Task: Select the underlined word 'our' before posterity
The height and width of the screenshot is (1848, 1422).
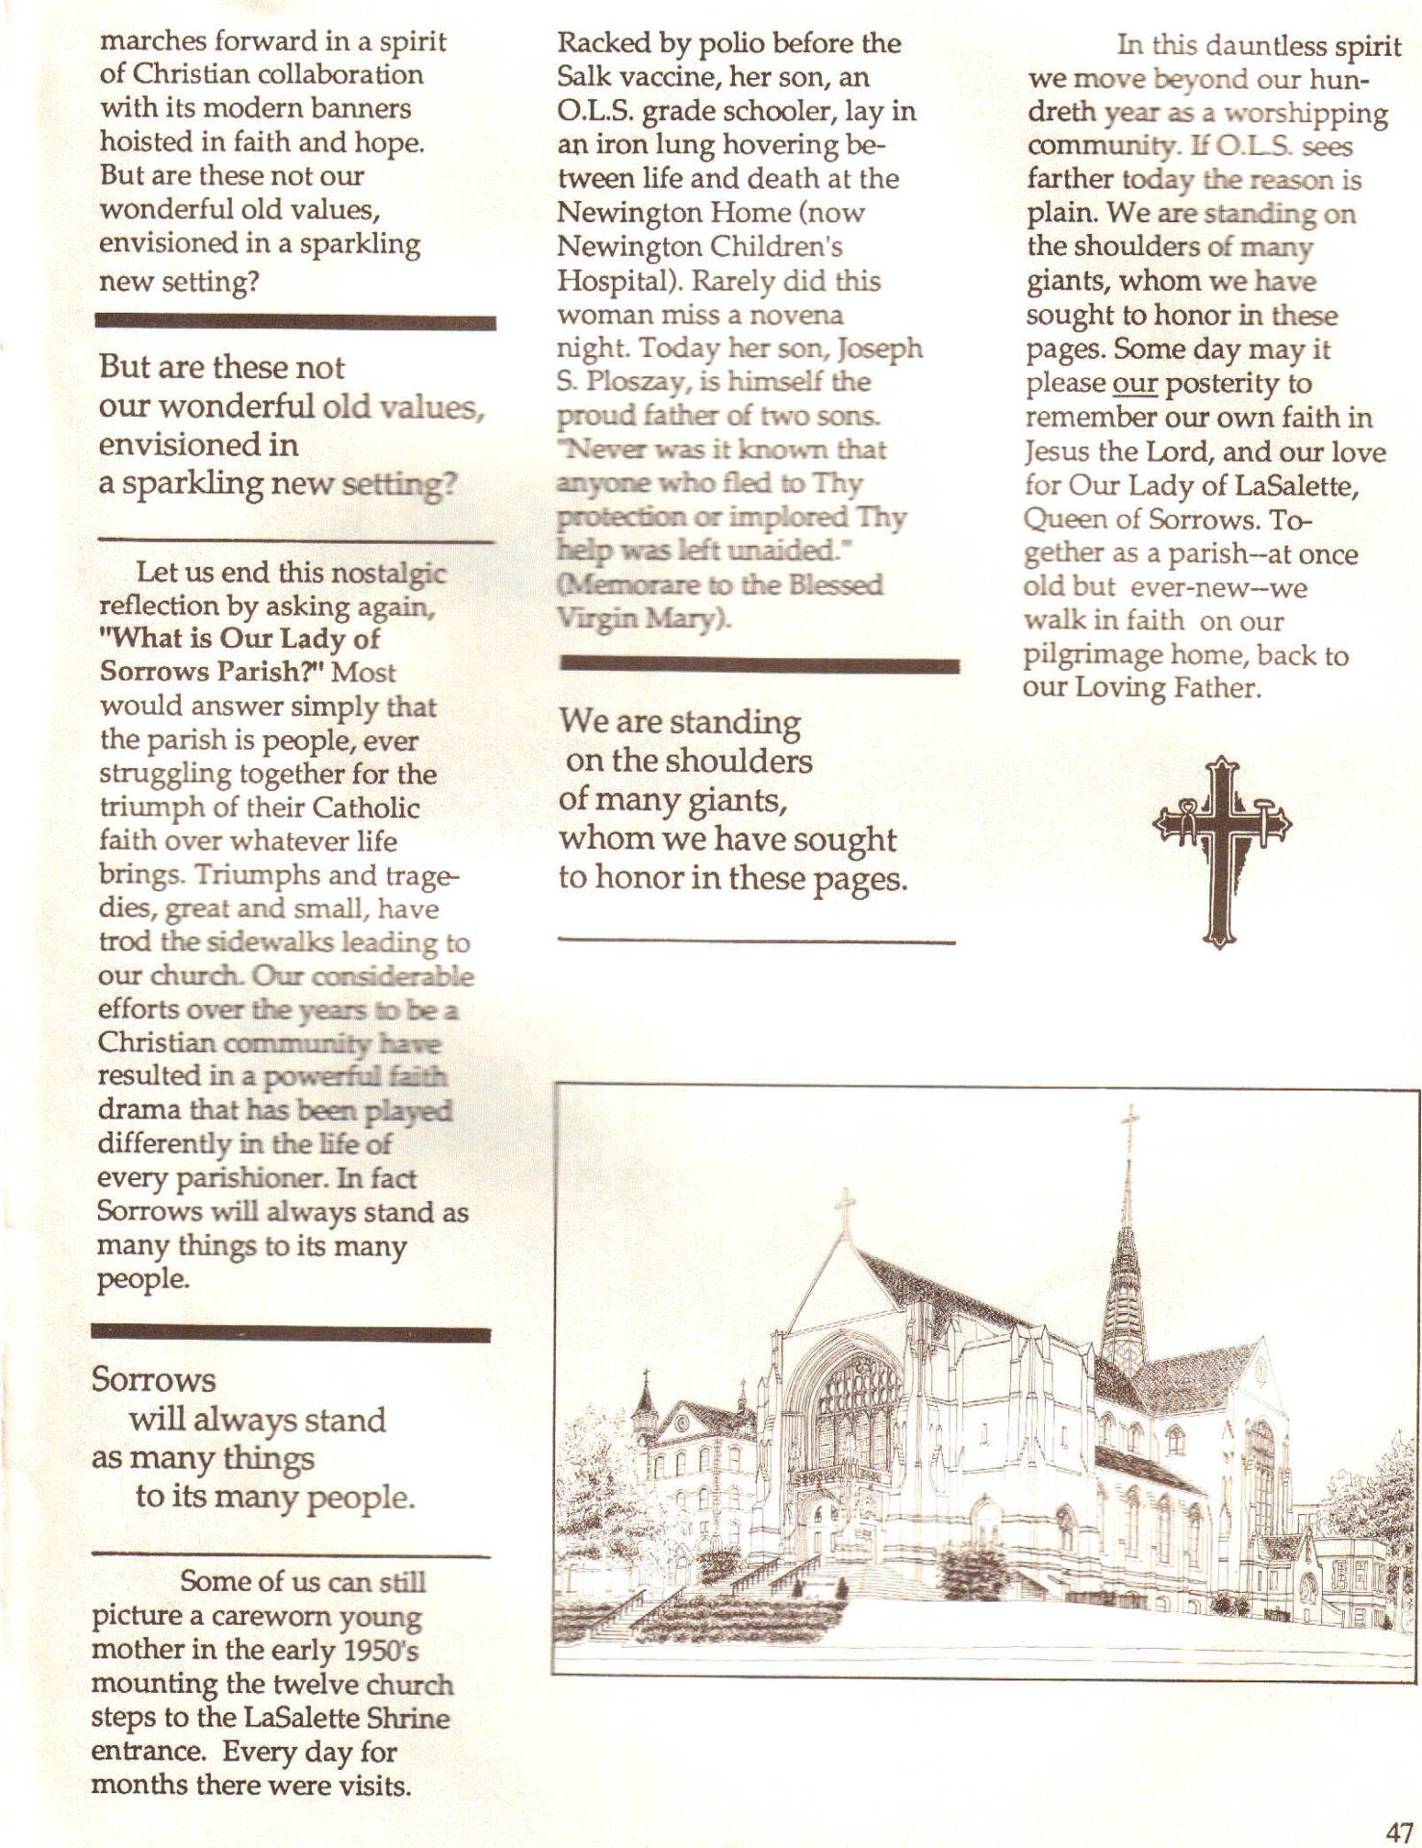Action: click(x=1134, y=383)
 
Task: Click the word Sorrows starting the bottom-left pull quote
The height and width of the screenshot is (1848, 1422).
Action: click(x=154, y=1380)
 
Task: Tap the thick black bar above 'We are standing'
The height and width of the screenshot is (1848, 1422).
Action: click(x=759, y=665)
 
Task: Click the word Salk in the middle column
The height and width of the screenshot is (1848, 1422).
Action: click(x=587, y=77)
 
